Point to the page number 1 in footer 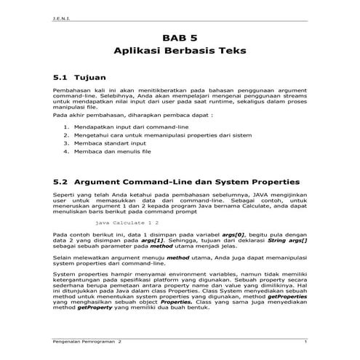coord(306,341)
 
